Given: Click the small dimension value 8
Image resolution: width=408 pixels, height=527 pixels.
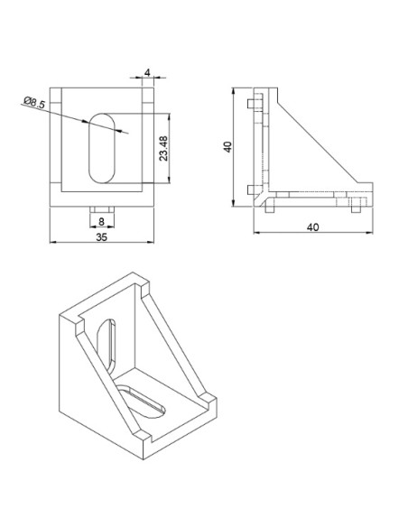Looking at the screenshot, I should pos(100,219).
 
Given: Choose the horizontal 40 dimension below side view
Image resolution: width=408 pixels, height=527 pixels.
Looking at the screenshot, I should pos(312,227).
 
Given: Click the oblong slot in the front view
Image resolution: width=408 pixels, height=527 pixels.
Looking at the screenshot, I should pos(102,147).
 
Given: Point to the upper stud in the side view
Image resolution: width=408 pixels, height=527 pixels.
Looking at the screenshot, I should pos(247,105).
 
